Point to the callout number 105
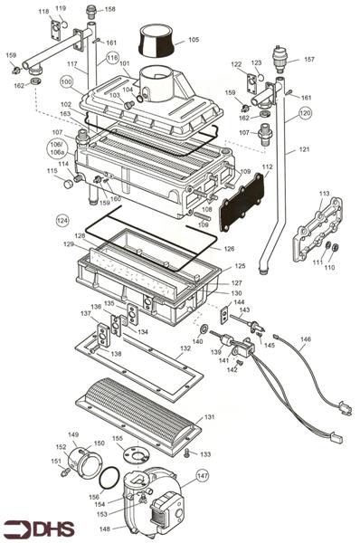click(x=194, y=41)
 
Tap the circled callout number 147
click(x=203, y=474)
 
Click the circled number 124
click(x=62, y=220)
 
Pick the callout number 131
click(x=210, y=417)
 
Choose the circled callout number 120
click(x=305, y=113)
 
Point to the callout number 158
click(x=110, y=10)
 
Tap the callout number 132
click(x=185, y=348)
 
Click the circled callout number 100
click(x=67, y=81)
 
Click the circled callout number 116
click(x=112, y=58)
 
